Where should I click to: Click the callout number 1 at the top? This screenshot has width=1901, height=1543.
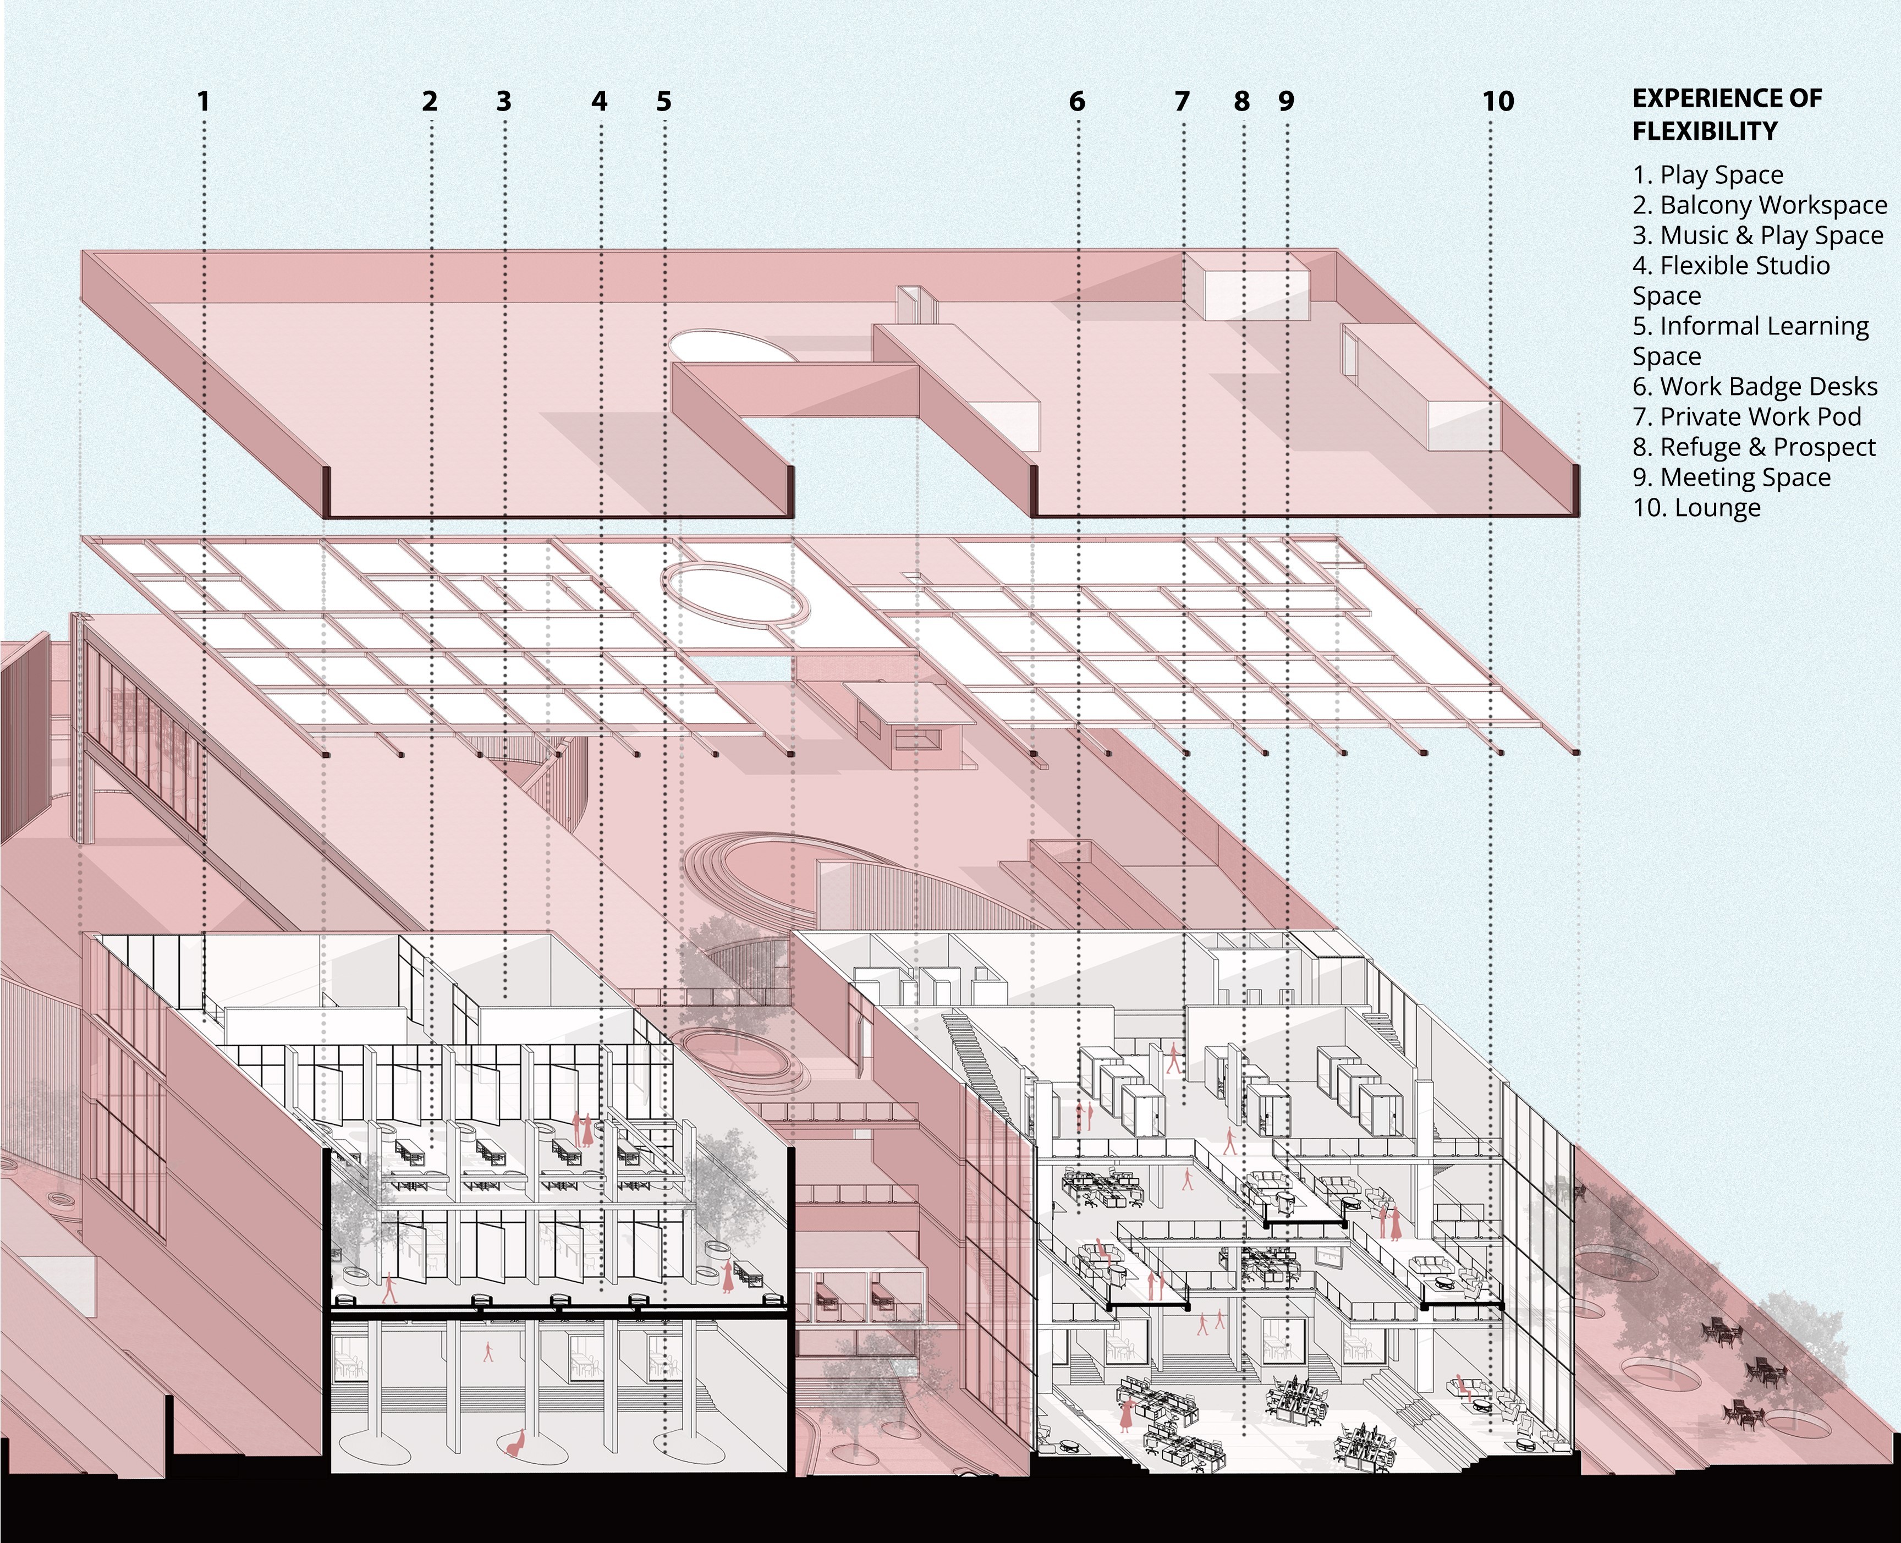point(204,101)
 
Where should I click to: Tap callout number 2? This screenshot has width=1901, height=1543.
point(430,101)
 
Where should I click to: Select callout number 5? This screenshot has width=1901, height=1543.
point(664,101)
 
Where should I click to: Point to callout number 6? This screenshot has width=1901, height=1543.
point(1077,101)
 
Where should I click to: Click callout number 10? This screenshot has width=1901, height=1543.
point(1498,101)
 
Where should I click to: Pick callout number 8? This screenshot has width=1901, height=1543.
point(1241,101)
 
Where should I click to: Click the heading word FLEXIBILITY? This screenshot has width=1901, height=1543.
point(1705,131)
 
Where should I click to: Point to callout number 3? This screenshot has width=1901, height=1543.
point(504,101)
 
